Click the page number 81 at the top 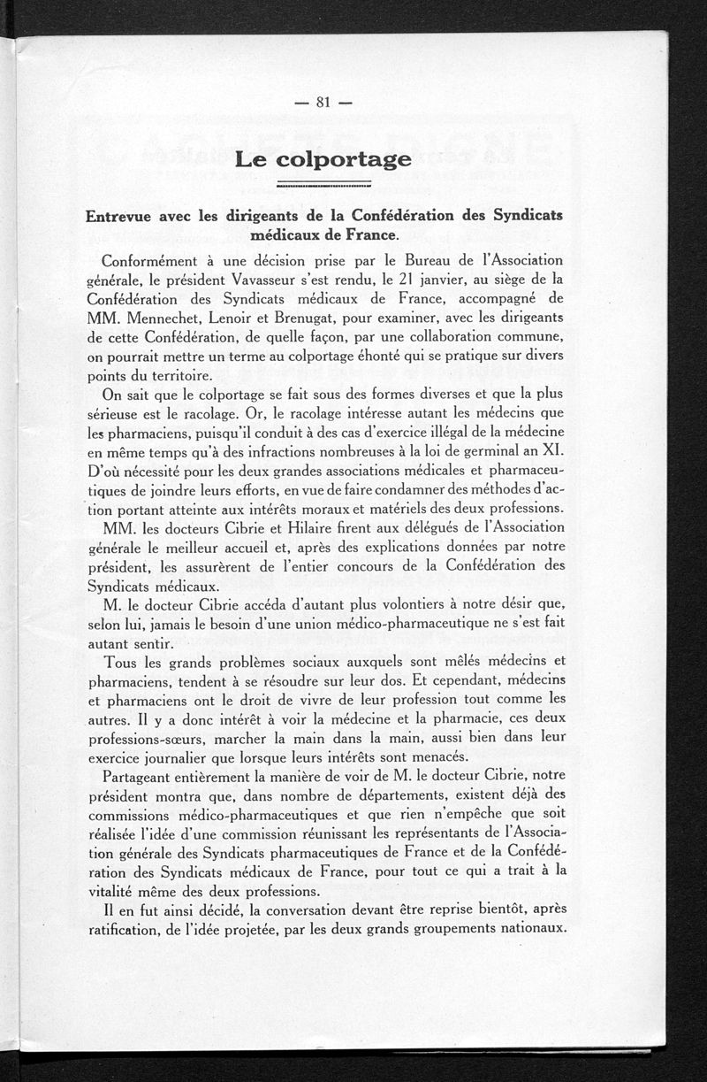point(322,102)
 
